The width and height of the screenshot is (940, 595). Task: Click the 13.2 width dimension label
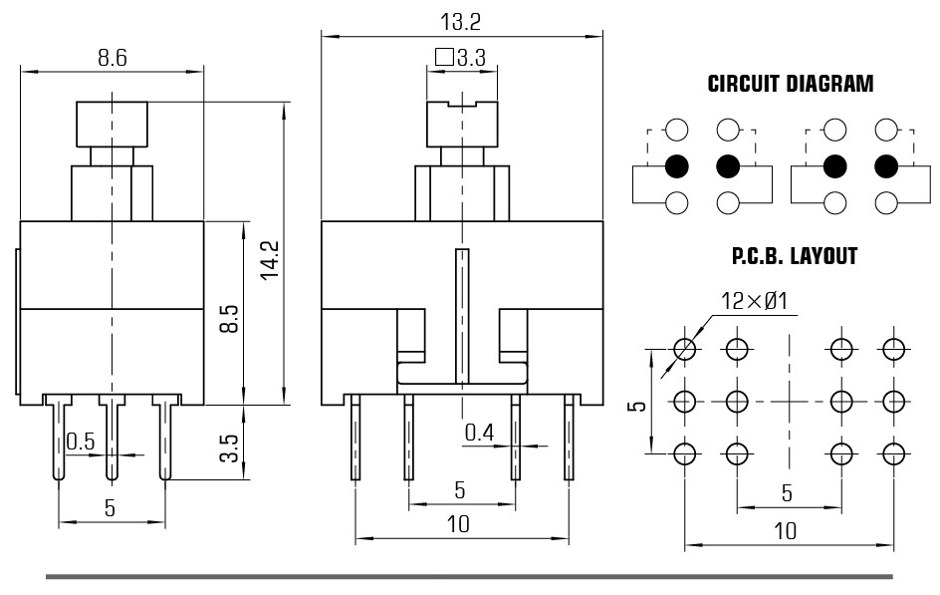pos(460,22)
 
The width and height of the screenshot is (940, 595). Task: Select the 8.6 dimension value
pos(113,58)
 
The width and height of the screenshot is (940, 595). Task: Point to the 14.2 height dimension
pos(271,259)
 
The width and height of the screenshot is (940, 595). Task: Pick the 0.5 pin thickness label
pos(81,442)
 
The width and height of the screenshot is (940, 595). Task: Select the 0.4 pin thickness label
pos(479,432)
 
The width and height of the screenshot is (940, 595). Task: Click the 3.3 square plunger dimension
pos(460,58)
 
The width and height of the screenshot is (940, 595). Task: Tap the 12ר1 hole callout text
pos(754,301)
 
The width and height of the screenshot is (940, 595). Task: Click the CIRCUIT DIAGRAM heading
pos(790,84)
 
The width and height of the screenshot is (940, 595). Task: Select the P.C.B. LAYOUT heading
pos(795,256)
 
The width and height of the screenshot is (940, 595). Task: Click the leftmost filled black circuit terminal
pos(677,166)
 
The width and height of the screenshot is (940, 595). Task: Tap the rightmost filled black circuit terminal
pos(886,166)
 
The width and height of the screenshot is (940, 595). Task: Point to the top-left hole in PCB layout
pos(685,349)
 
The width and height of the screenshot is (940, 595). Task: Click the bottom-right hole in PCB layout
pos(894,454)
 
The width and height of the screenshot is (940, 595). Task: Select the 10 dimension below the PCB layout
pos(786,531)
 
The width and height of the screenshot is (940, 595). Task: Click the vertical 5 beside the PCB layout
pos(640,406)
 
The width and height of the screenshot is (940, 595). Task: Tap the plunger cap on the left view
pos(113,125)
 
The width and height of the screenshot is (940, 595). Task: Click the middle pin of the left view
pos(112,437)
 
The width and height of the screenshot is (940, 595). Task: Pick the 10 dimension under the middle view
pos(459,524)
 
